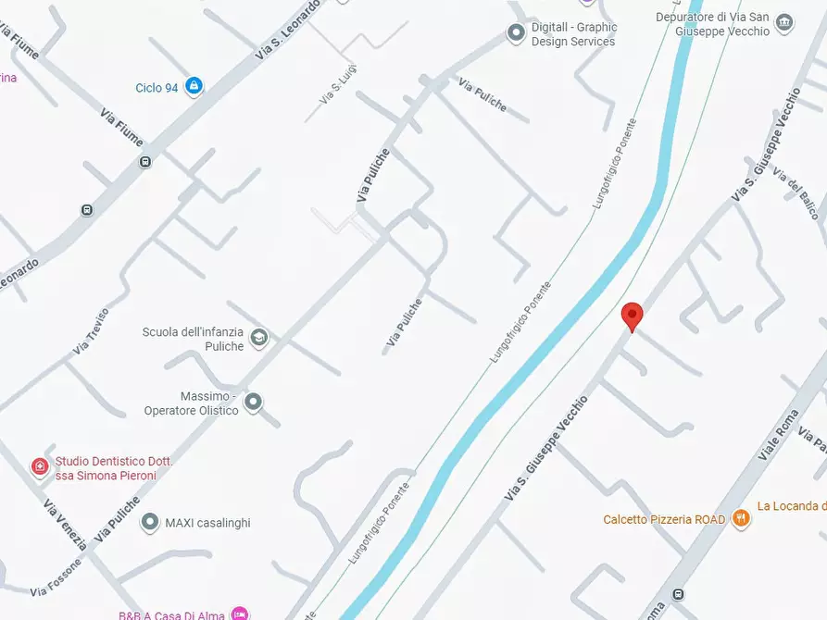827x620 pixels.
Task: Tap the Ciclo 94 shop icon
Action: tap(194, 87)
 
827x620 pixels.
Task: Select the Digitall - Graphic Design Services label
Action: tap(573, 34)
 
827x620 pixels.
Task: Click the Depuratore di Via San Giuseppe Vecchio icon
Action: tap(784, 23)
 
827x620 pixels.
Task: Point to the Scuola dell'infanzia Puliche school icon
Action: tap(258, 338)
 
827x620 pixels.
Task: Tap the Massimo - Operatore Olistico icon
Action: tap(253, 403)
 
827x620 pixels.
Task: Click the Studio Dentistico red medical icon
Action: tap(40, 467)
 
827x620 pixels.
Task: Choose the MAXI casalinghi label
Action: tap(207, 523)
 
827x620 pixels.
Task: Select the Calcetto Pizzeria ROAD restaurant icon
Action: tap(740, 518)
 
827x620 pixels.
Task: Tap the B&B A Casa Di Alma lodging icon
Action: tap(240, 614)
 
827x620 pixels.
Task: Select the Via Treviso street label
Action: tap(91, 331)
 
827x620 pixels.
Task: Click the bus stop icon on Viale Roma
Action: tap(679, 594)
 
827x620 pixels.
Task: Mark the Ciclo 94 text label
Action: tap(157, 88)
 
